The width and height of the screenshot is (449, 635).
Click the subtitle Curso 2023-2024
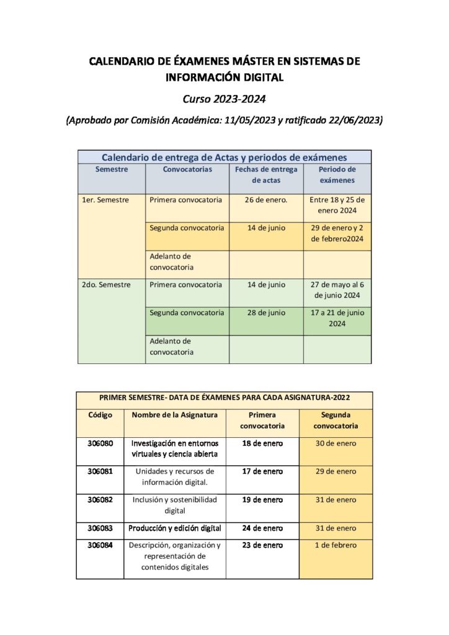click(x=224, y=99)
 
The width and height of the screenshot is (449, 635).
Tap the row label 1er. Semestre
click(x=105, y=200)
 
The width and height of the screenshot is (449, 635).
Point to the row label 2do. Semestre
click(x=106, y=285)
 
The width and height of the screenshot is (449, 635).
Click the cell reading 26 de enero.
click(x=266, y=200)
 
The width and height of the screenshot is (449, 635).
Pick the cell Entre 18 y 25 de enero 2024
click(x=337, y=205)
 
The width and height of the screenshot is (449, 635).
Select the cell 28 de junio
click(x=266, y=313)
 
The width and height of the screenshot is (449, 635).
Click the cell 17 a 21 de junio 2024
click(x=337, y=318)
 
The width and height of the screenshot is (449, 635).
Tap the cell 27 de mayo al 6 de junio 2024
click(x=337, y=290)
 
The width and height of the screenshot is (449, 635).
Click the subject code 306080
click(x=100, y=443)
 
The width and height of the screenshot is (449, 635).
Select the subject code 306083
click(x=100, y=528)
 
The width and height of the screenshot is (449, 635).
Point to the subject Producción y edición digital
click(x=174, y=528)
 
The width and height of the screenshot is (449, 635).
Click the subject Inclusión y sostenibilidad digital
click(x=174, y=505)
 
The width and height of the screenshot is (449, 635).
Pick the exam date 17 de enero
click(x=262, y=471)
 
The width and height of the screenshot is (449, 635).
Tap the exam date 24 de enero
click(x=262, y=528)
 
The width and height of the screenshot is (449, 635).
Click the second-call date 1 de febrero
click(x=336, y=545)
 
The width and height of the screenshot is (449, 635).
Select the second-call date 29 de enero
click(x=336, y=471)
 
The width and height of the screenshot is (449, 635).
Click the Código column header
click(x=100, y=415)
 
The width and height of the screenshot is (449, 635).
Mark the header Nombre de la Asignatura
click(x=174, y=415)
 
